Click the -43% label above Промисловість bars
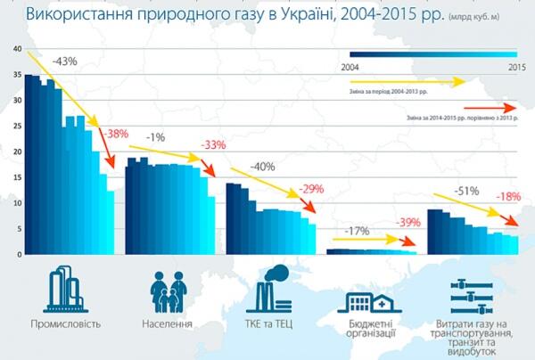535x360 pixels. pyautogui.click(x=65, y=61)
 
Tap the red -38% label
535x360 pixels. pyautogui.click(x=117, y=134)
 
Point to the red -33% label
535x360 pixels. pyautogui.click(x=213, y=144)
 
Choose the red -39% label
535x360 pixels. pyautogui.click(x=408, y=223)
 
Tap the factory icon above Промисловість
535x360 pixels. pyautogui.click(x=64, y=290)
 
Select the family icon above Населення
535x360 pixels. pyautogui.click(x=167, y=290)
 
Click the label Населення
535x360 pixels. pyautogui.click(x=167, y=323)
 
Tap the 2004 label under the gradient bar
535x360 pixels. pyautogui.click(x=351, y=67)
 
